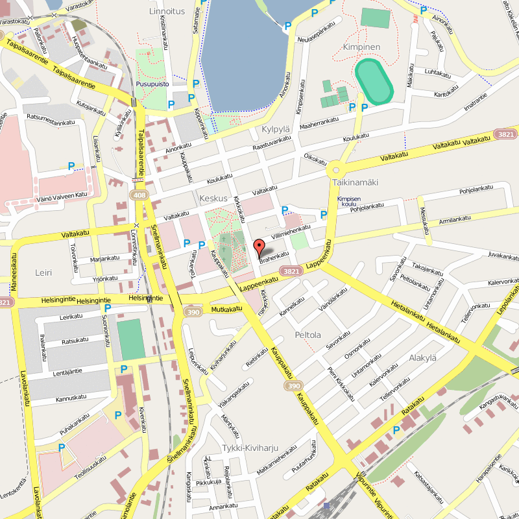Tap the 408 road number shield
(x=138, y=195)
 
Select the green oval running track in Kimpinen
(x=374, y=82)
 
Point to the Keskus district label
(x=213, y=198)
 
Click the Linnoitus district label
(x=167, y=11)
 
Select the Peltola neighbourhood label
(x=308, y=335)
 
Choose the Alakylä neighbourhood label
(x=423, y=358)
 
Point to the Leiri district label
(x=43, y=273)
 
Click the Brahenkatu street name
(x=273, y=257)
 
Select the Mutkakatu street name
(x=225, y=310)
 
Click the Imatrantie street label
(x=476, y=104)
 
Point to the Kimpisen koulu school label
(x=348, y=202)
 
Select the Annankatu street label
(x=223, y=506)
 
